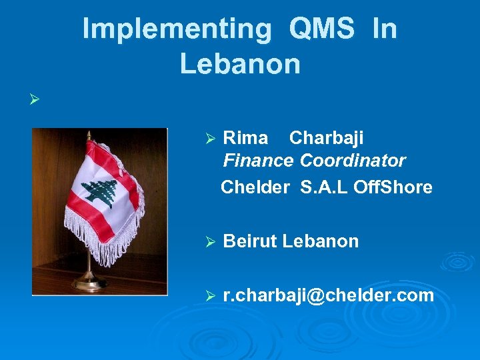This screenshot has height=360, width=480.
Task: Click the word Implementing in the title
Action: pyautogui.click(x=177, y=29)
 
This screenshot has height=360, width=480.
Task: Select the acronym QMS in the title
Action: pyautogui.click(x=323, y=29)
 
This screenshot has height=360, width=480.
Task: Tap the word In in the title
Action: pyautogui.click(x=385, y=29)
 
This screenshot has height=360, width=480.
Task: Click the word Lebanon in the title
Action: pyautogui.click(x=240, y=64)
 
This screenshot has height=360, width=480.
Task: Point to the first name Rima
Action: pyautogui.click(x=245, y=138)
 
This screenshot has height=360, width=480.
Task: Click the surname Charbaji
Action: pyautogui.click(x=326, y=138)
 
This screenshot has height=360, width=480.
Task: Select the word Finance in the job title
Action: pyautogui.click(x=258, y=161)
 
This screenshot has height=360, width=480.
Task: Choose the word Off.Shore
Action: pyautogui.click(x=393, y=187)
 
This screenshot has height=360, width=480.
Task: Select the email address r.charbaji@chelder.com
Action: pyautogui.click(x=328, y=295)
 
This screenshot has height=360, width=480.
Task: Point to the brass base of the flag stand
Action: pyautogui.click(x=89, y=284)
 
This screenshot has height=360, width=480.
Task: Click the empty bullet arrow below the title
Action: pyautogui.click(x=35, y=101)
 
